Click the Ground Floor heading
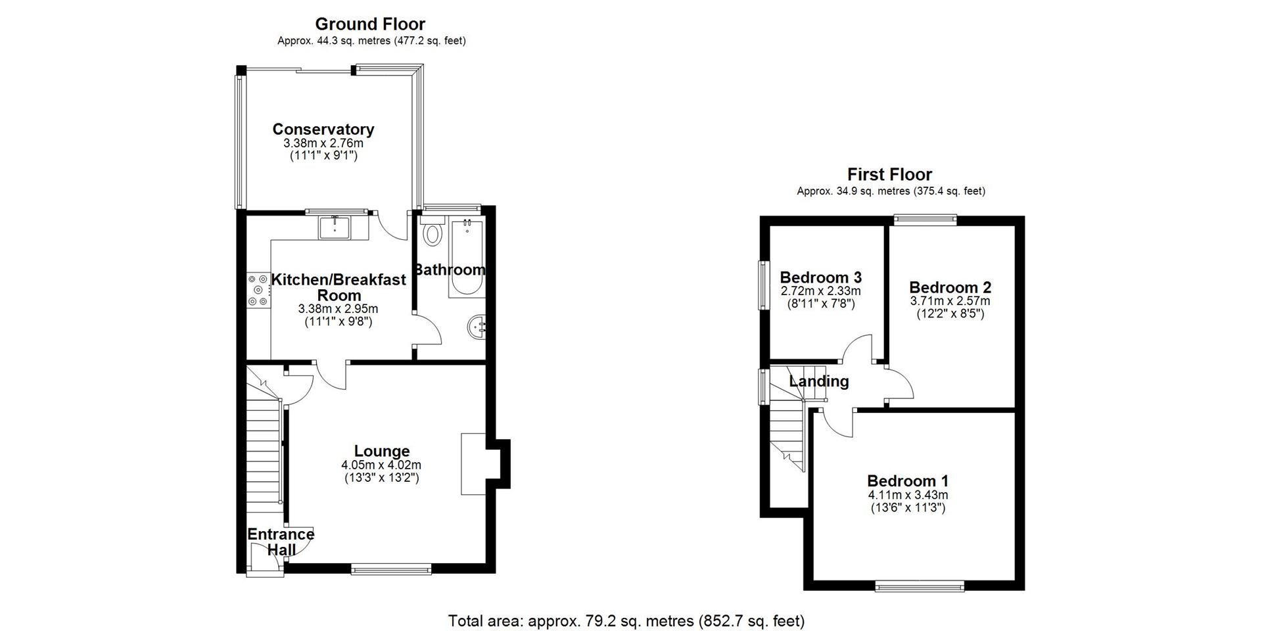tap(370, 24)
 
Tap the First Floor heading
tap(889, 174)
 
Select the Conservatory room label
tap(323, 129)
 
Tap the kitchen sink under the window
tap(335, 227)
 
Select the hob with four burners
tap(258, 291)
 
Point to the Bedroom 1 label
tap(908, 481)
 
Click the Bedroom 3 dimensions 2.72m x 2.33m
tap(821, 291)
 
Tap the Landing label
tap(819, 381)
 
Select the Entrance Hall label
tap(281, 542)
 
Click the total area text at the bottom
tap(626, 620)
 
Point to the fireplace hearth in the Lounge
tap(473, 463)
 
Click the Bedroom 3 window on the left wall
tap(764, 285)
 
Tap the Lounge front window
tap(391, 569)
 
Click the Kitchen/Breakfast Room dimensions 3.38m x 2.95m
tap(338, 309)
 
